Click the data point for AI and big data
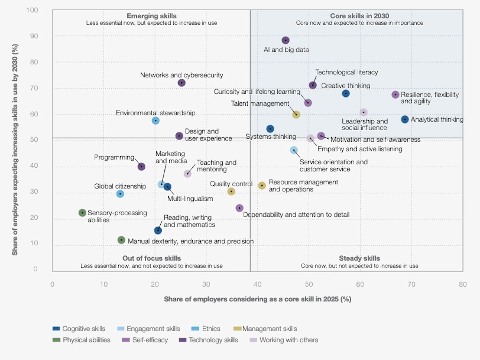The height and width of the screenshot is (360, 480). (285, 40)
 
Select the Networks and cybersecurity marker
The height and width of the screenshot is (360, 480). (181, 83)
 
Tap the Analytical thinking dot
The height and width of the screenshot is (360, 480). (405, 119)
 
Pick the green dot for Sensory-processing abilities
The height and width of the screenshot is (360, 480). (82, 213)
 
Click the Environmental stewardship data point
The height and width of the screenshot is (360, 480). (156, 121)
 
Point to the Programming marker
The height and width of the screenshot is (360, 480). (141, 167)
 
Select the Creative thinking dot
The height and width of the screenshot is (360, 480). (346, 93)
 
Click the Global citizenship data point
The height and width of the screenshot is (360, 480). (120, 194)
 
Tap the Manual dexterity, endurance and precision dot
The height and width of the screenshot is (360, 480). (121, 240)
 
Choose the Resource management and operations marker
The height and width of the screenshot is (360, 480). (262, 186)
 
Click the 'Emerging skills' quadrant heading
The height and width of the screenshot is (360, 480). (151, 16)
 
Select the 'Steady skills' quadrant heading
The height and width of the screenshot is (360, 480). (359, 258)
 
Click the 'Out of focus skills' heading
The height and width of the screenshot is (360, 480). (151, 258)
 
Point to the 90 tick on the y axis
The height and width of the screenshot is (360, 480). (34, 36)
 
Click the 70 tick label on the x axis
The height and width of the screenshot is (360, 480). (411, 284)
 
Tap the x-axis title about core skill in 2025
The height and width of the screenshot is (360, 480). (257, 299)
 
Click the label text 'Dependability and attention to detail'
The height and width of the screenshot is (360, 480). (296, 215)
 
